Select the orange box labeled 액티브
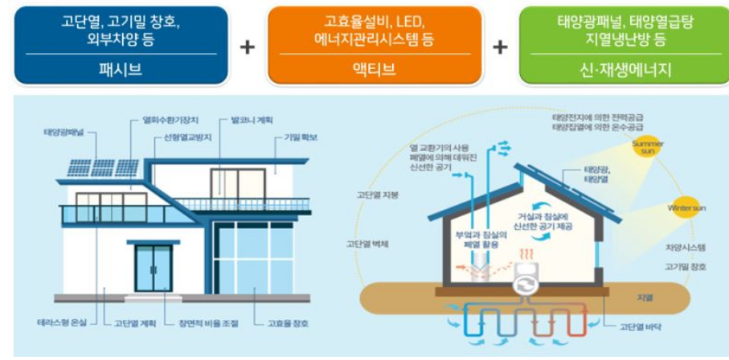[375, 43]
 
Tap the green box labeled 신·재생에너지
[624, 43]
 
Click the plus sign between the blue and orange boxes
[248, 47]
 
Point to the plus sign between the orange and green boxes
[500, 47]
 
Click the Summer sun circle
[647, 147]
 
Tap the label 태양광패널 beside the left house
[59, 131]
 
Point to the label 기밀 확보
[300, 137]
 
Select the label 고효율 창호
[288, 323]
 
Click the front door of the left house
[153, 268]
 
